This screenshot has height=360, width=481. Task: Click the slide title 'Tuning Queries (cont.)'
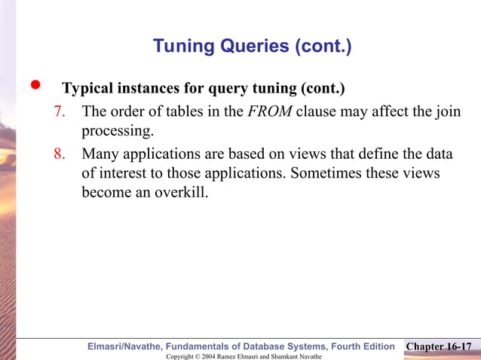point(252,47)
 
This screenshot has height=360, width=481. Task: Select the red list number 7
point(60,112)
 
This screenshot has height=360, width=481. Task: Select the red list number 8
point(60,154)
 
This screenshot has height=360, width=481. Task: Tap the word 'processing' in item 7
point(116,131)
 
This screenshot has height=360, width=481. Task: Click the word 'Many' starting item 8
point(100,154)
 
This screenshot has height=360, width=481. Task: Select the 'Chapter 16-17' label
point(439,346)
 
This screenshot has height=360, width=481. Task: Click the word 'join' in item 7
point(448,112)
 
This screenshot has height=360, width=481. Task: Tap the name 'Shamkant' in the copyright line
point(274,355)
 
